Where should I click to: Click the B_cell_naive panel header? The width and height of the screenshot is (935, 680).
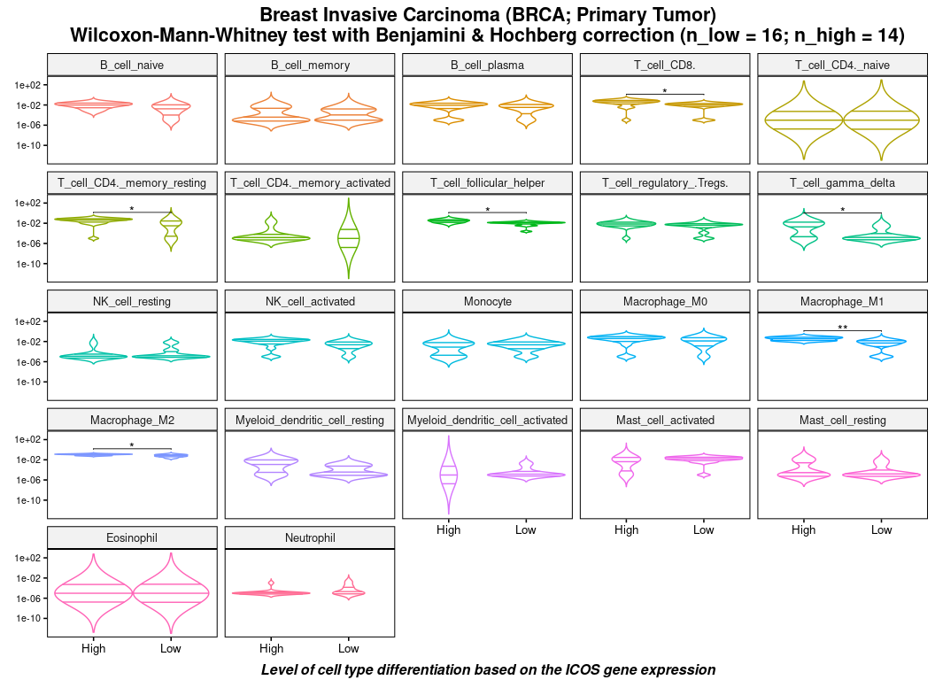pos(132,65)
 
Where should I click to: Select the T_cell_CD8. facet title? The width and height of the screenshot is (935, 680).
pos(664,65)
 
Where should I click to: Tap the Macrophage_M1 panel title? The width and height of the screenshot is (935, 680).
pos(842,301)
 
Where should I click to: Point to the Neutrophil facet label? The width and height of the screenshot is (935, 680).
pos(310,537)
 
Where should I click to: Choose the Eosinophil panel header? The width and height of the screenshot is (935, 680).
pos(132,537)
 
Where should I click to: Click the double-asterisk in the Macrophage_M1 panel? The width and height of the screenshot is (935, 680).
pos(843,328)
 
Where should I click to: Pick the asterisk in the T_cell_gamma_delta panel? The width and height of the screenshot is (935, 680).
pos(843,210)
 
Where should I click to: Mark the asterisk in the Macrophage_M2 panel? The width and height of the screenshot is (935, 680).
pos(132,445)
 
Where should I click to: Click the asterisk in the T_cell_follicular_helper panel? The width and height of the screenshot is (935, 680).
pos(487,210)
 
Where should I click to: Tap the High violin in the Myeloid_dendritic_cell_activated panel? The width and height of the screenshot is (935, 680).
pos(449,475)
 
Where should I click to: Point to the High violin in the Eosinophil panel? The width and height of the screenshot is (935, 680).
pos(93,592)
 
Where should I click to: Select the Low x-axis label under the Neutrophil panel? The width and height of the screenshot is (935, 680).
pos(349,648)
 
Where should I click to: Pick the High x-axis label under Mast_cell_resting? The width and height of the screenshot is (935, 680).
pos(804,530)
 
